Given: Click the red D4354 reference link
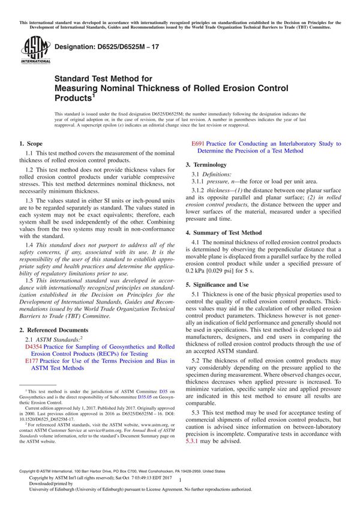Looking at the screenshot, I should [34, 347].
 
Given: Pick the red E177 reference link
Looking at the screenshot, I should [32, 362].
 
